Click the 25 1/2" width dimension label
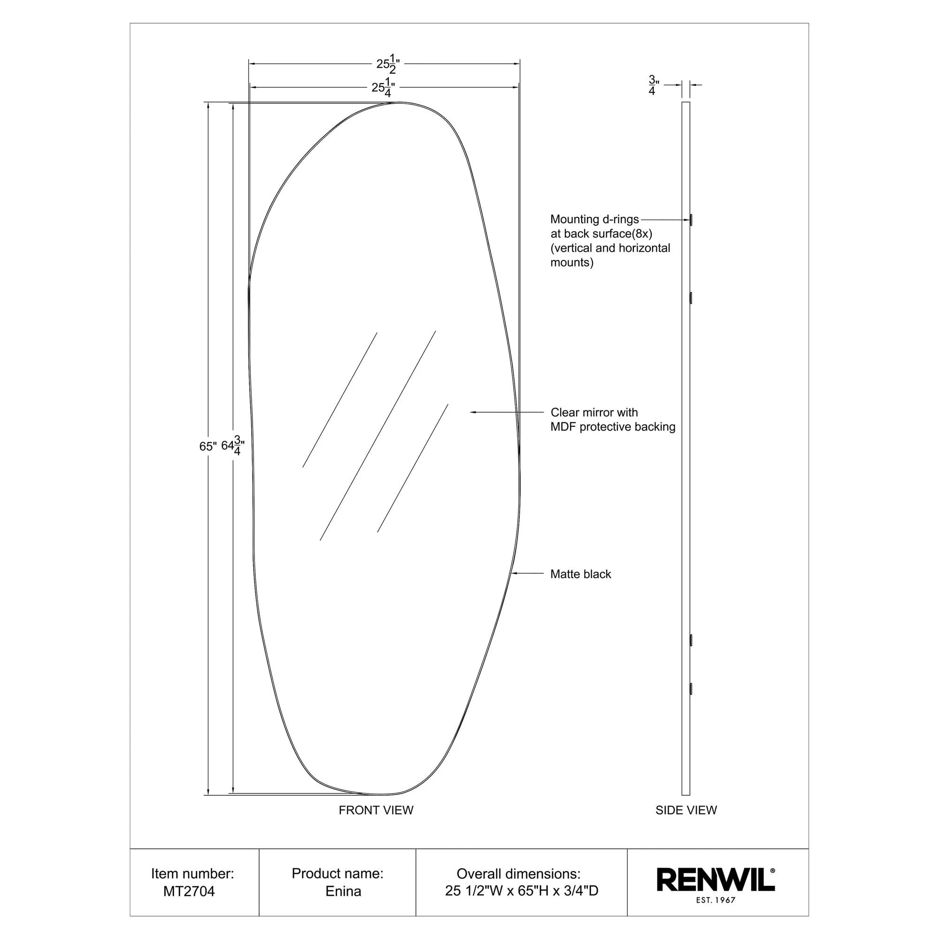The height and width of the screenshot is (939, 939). [x=388, y=64]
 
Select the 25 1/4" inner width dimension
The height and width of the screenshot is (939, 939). [x=383, y=88]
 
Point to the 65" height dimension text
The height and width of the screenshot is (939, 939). [x=208, y=446]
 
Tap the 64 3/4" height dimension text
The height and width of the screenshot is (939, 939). [x=233, y=445]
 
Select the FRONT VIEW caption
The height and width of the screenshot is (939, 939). [x=376, y=810]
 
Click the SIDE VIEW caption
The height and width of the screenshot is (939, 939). [x=686, y=810]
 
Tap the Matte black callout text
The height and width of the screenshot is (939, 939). [x=580, y=574]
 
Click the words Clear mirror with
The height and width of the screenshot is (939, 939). [x=594, y=412]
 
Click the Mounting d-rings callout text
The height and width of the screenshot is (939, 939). [x=594, y=219]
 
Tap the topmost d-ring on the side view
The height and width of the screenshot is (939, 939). [x=691, y=220]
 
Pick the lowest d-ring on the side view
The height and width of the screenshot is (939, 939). [x=691, y=688]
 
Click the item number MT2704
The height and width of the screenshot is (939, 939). [x=189, y=892]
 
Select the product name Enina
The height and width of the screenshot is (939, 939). [x=343, y=892]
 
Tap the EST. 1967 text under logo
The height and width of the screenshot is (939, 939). [x=716, y=900]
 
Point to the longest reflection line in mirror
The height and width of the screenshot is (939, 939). [x=377, y=436]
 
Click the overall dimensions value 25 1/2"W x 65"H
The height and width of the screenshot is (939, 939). [x=521, y=891]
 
